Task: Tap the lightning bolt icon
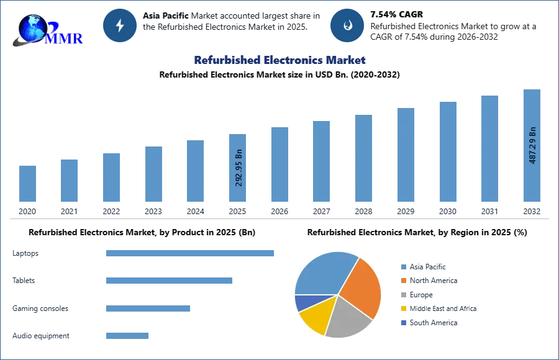(x=120, y=25)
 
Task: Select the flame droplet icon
(x=347, y=25)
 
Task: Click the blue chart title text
(x=279, y=60)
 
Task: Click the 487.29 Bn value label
(x=532, y=145)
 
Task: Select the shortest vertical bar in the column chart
(x=27, y=184)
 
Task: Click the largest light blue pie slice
(x=323, y=273)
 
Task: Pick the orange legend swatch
(x=403, y=281)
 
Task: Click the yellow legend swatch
(x=403, y=308)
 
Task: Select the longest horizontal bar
(x=191, y=253)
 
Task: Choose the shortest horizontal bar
(x=127, y=337)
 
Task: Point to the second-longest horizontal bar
(x=168, y=281)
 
